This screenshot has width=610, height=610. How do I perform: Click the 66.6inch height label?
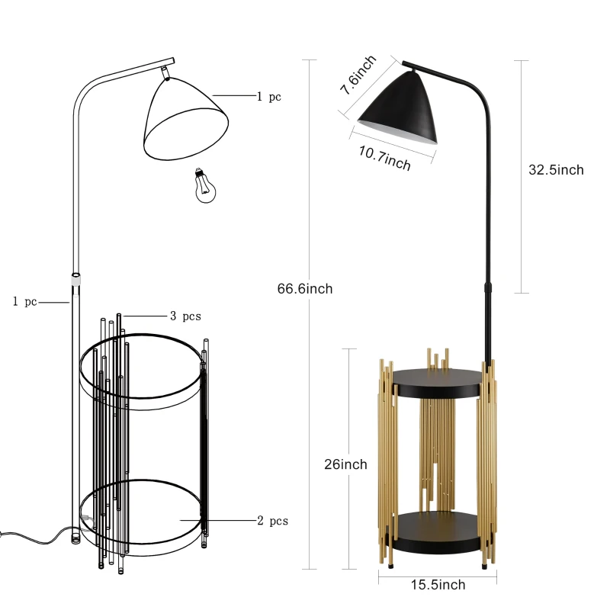click(304, 289)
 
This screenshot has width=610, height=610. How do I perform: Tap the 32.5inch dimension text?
click(556, 170)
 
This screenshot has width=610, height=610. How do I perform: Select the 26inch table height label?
click(345, 464)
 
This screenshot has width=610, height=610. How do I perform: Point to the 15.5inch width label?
click(438, 584)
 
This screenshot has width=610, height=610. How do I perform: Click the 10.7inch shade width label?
click(384, 159)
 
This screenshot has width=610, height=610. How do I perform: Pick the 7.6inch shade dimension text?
click(358, 75)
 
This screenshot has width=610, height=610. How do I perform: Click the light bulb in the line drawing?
click(205, 186)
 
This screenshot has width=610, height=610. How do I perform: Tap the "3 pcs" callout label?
click(185, 316)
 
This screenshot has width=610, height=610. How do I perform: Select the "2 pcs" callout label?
click(272, 521)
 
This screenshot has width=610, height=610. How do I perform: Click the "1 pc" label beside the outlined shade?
click(269, 97)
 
